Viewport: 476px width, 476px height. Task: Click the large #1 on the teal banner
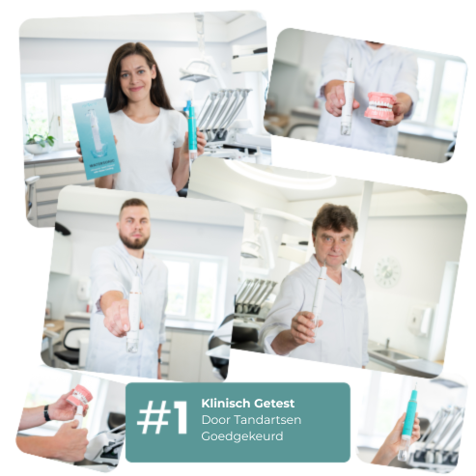tap(162, 417)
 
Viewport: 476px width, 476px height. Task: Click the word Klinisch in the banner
tap(226, 403)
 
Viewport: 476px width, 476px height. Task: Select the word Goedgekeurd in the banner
tap(242, 436)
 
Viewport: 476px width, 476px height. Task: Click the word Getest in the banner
tap(274, 404)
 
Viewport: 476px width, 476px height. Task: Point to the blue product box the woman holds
tap(96, 138)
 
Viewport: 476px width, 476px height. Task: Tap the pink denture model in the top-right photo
tap(380, 105)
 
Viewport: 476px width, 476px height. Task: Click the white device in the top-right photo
tap(347, 98)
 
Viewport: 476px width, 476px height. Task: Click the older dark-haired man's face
tap(335, 242)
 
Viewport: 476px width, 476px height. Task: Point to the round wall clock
tap(387, 272)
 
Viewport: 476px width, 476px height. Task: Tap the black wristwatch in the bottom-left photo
tap(47, 413)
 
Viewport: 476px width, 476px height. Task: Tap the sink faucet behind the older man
tap(388, 344)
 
